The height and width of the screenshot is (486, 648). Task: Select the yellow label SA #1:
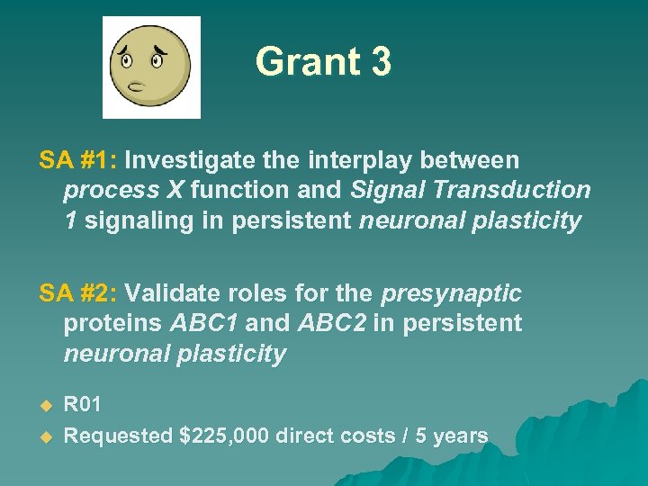[x=78, y=160]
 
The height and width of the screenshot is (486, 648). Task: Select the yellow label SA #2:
[x=78, y=293]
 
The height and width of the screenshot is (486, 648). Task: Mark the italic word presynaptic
[x=452, y=293]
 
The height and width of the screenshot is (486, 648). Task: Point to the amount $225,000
[x=225, y=436]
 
